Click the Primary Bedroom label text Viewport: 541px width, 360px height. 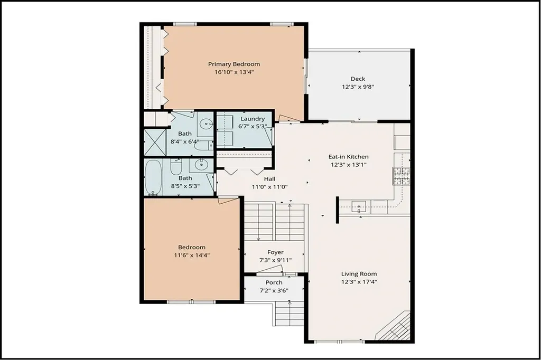click(234, 64)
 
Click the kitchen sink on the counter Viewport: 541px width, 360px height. click(359, 206)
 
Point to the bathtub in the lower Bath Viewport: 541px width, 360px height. click(154, 177)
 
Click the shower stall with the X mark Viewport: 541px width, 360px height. click(155, 143)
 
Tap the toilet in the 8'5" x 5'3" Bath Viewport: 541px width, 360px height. click(176, 167)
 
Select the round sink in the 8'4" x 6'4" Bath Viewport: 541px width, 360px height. click(205, 125)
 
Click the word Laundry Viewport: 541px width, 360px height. click(252, 119)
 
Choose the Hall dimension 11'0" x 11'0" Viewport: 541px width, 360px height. click(269, 186)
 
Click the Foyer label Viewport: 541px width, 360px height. click(275, 252)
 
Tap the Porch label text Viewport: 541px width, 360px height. click(274, 282)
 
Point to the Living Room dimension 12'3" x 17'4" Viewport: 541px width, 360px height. click(359, 281)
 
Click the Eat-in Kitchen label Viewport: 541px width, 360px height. click(348, 157)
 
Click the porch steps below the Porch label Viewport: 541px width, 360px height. click(290, 315)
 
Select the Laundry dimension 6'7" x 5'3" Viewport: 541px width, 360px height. click(253, 126)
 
